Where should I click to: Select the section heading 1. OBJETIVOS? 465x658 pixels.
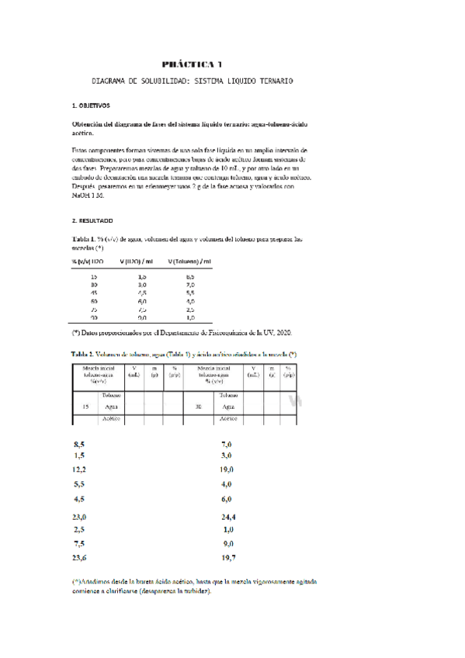click(x=90, y=105)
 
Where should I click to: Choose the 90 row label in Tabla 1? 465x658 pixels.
click(x=95, y=317)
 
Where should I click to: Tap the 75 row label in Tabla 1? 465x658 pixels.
click(x=95, y=310)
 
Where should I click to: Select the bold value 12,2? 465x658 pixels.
click(x=79, y=470)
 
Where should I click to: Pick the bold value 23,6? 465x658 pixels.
click(x=79, y=557)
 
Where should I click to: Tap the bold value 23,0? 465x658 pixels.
click(x=79, y=516)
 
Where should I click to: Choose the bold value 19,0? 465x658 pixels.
click(x=227, y=470)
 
